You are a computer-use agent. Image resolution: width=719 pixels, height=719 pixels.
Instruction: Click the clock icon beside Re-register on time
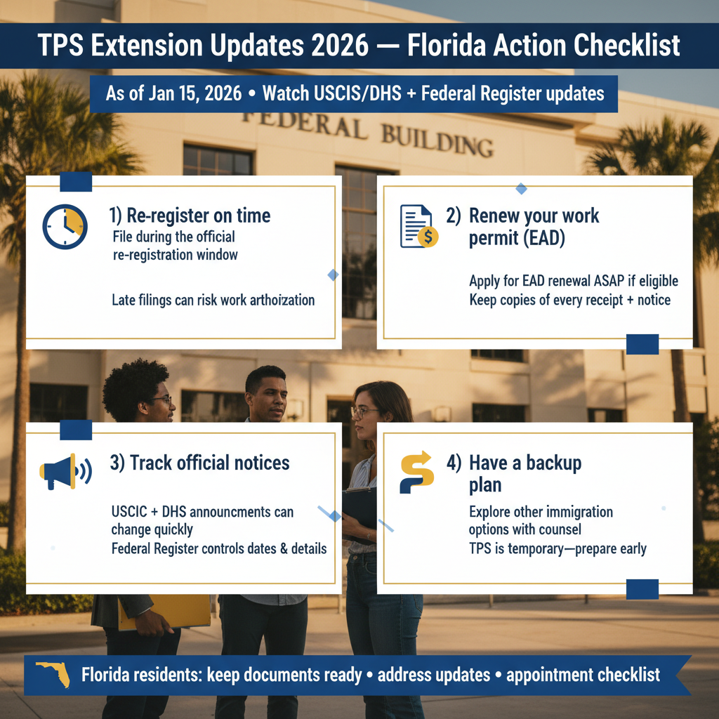click(65, 227)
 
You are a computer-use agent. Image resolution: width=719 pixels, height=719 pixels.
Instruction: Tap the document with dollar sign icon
click(418, 226)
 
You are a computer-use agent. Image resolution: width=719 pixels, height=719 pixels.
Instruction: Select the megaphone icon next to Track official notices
click(65, 471)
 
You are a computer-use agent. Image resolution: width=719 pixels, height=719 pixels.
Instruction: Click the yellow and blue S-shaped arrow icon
click(417, 472)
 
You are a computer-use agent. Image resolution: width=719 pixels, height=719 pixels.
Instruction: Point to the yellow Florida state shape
click(54, 674)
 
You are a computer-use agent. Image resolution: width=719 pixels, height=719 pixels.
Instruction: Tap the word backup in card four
click(553, 463)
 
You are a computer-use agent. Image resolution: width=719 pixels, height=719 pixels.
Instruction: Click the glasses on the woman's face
click(364, 412)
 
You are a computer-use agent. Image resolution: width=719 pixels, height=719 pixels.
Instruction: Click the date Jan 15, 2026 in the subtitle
click(195, 93)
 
